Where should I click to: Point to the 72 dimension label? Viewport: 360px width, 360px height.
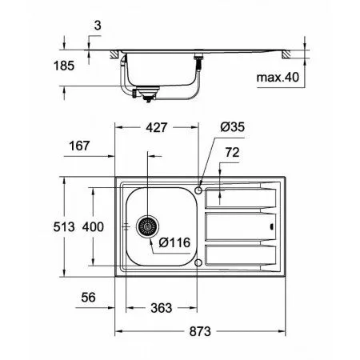233,151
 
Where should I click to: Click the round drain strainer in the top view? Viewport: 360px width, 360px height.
146,227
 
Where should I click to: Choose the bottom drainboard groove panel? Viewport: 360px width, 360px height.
240,257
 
